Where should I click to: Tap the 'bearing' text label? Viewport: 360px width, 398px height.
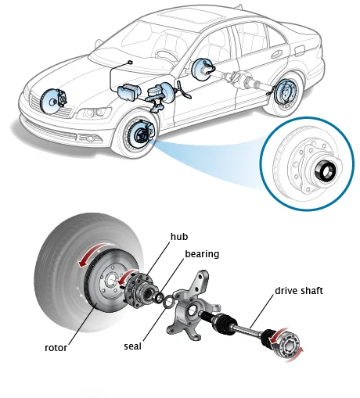tap(202, 254)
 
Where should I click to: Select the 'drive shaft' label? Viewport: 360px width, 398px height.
tap(300, 291)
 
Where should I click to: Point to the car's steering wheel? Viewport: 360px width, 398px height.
tap(167, 56)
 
